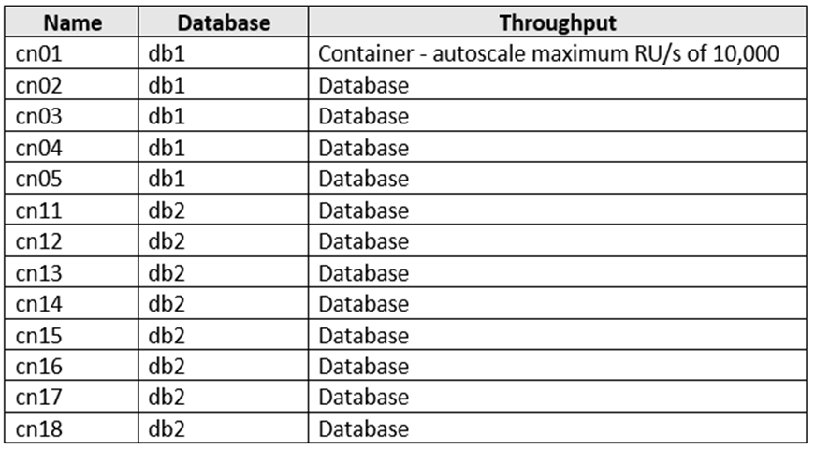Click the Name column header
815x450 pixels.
coord(72,22)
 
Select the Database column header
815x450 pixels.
coord(224,22)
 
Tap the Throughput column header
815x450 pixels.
coord(558,23)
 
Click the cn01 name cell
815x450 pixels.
coord(39,53)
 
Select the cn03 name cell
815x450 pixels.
coord(39,116)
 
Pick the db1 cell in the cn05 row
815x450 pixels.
coord(167,179)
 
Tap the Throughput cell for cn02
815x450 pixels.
coord(363,86)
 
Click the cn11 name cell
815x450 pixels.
coord(39,210)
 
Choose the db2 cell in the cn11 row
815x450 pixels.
coord(167,210)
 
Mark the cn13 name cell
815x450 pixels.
coord(39,273)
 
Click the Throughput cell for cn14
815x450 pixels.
coord(363,304)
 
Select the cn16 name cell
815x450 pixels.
coord(39,367)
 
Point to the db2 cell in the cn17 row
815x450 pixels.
coord(167,398)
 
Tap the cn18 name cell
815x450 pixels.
coord(39,429)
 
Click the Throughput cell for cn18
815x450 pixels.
coord(363,429)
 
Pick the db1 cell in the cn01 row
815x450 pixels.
coord(167,53)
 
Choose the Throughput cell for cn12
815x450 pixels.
coord(363,241)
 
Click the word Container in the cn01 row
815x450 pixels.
coord(366,53)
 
